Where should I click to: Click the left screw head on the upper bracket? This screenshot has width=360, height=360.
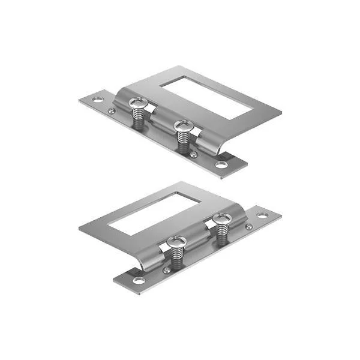click(x=137, y=104)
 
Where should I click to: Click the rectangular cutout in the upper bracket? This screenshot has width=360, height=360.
click(x=206, y=95)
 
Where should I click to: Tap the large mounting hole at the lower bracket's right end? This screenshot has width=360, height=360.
click(x=262, y=215)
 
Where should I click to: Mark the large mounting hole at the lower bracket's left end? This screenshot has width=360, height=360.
click(x=138, y=280)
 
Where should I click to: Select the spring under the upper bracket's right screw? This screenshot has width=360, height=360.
click(x=182, y=141)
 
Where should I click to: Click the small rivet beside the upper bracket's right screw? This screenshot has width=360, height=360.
click(x=194, y=154)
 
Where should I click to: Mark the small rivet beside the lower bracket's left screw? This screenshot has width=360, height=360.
click(x=166, y=270)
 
